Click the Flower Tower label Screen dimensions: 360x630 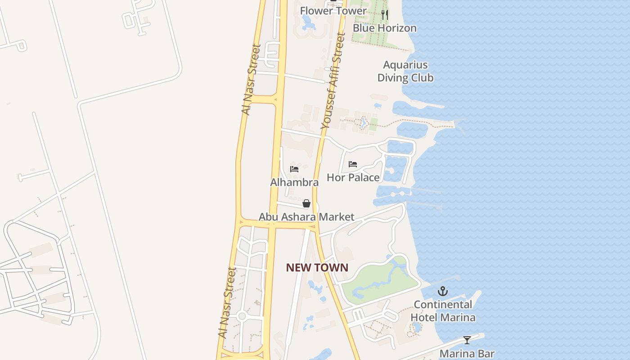point(333,11)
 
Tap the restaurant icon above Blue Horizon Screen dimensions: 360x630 point(384,15)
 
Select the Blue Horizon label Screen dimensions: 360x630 point(384,28)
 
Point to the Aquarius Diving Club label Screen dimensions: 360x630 point(405,71)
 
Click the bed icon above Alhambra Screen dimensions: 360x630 point(294,169)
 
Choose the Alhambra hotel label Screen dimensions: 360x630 point(294,182)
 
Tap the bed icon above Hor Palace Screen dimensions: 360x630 point(353,164)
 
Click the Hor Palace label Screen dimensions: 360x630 point(353,177)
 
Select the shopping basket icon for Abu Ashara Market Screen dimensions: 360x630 point(306,203)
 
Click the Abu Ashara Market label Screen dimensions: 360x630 point(306,217)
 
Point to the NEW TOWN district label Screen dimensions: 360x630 point(317,268)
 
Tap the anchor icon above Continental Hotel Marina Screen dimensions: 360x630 point(443,291)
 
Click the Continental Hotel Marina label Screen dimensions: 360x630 point(443,311)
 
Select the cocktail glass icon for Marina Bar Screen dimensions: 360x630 point(467,340)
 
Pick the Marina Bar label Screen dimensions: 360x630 point(467,354)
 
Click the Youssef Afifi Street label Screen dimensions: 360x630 point(333,81)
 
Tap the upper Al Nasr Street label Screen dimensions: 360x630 point(251,79)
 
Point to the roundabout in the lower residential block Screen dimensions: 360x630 point(242,316)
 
